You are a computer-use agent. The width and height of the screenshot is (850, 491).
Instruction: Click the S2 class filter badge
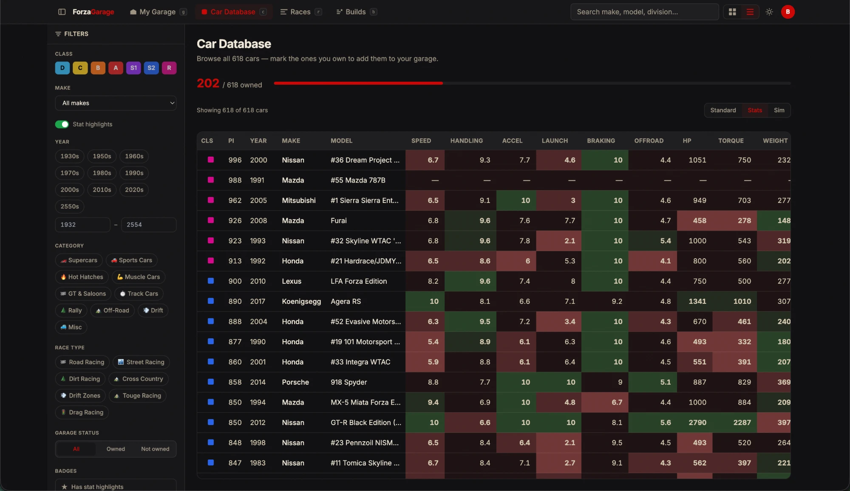click(151, 68)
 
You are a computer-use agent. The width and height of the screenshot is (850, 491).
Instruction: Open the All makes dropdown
click(116, 103)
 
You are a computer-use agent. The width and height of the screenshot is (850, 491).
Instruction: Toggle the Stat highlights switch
click(62, 124)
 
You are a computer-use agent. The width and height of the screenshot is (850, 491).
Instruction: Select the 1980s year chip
click(102, 173)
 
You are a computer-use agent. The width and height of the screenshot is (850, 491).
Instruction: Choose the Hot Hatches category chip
click(82, 277)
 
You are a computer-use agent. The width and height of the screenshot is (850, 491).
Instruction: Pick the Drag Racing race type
click(82, 412)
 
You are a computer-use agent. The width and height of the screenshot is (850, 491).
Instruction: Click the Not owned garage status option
click(155, 449)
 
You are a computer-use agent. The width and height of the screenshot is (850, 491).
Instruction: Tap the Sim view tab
click(779, 110)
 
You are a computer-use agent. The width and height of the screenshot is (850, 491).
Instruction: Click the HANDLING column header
click(466, 141)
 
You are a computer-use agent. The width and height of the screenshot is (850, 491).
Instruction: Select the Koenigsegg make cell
click(301, 301)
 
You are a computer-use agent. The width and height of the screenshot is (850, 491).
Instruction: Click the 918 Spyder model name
click(348, 382)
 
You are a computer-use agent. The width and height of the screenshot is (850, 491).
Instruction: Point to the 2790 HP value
click(697, 422)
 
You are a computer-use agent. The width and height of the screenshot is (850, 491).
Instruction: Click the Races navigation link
click(300, 12)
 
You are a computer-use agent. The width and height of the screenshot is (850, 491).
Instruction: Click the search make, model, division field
click(644, 12)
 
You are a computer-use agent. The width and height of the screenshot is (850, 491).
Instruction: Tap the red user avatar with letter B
click(788, 12)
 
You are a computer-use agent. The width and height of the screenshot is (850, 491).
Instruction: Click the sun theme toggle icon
click(769, 12)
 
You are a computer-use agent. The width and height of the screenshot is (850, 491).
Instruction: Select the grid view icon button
click(732, 12)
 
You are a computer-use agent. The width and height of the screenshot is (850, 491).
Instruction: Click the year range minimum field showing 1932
click(82, 225)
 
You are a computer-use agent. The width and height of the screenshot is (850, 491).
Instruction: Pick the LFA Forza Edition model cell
click(359, 281)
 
